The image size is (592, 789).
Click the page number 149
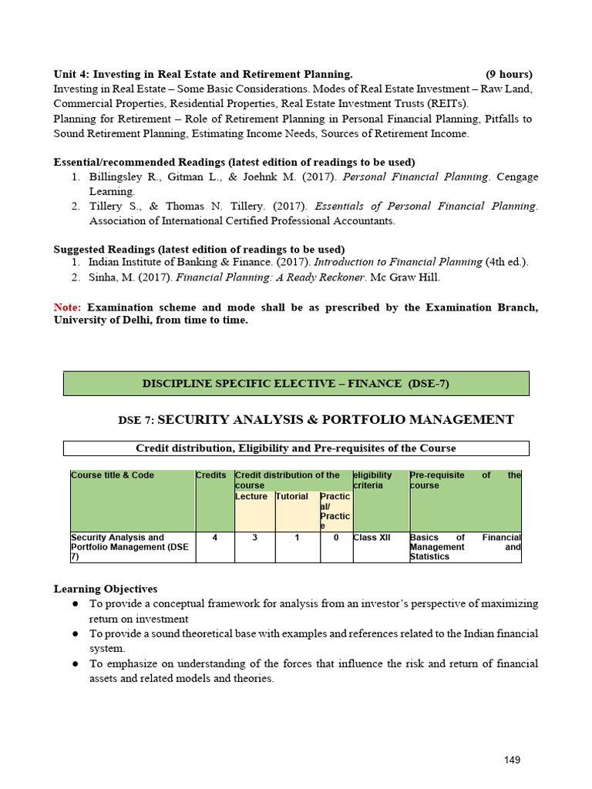(512, 760)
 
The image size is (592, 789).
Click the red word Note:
(67, 307)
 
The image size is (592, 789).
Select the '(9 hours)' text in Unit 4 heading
(509, 74)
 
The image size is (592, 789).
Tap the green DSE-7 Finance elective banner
(296, 384)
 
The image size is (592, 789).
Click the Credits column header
(211, 475)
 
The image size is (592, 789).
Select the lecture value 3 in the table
(254, 537)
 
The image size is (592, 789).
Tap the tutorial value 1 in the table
(297, 537)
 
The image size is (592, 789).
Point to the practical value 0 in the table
(336, 537)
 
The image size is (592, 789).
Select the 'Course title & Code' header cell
(113, 475)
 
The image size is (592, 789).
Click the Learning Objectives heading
(105, 589)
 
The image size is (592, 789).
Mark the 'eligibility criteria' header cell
(373, 480)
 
